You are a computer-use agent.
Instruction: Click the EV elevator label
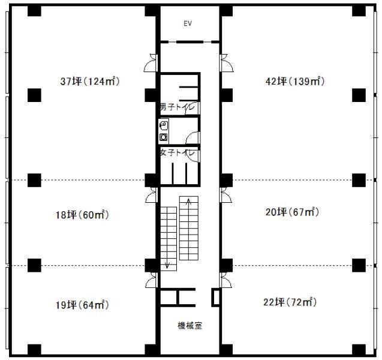(x=188, y=23)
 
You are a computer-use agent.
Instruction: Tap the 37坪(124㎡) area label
(x=90, y=81)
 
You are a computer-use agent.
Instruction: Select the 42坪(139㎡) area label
(x=295, y=81)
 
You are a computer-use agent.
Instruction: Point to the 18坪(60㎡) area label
(x=82, y=215)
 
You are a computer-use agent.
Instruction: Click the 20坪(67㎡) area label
(x=292, y=212)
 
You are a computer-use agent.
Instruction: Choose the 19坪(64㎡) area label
(x=82, y=305)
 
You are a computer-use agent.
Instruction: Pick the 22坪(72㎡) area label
(x=290, y=302)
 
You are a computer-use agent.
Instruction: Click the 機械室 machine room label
(x=190, y=326)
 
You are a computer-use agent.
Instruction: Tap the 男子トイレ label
(x=178, y=107)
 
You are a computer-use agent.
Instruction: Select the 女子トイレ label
(x=178, y=153)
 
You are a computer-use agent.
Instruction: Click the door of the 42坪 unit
(x=227, y=62)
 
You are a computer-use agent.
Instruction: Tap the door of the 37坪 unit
(x=151, y=62)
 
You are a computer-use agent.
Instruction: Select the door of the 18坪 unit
(x=152, y=194)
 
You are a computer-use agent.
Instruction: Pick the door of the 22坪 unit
(x=226, y=280)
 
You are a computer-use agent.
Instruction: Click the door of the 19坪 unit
(x=152, y=280)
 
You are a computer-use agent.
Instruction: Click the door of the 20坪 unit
(x=226, y=194)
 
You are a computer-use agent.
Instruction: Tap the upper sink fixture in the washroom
(x=164, y=125)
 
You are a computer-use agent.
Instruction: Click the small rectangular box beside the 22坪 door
(x=215, y=297)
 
